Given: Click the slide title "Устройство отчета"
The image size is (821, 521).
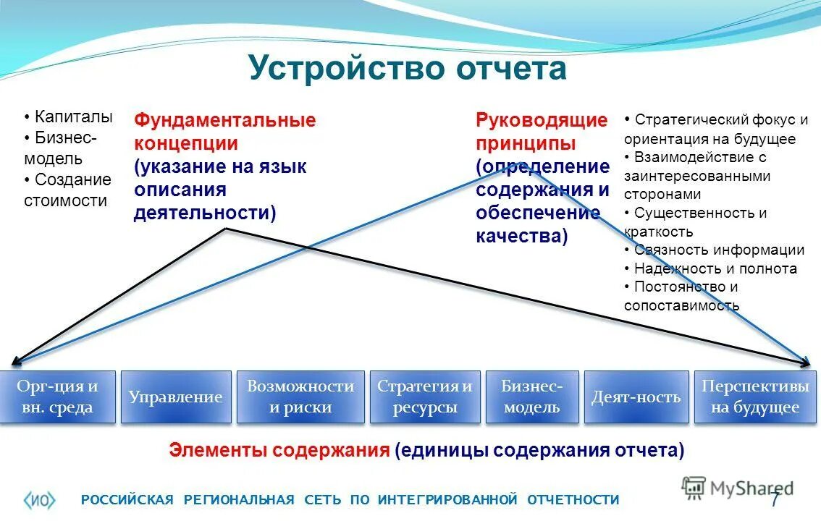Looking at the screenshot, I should coord(407,69).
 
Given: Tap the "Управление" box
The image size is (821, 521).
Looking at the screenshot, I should coord(175,397).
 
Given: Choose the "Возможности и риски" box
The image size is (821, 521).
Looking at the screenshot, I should coord(300,397).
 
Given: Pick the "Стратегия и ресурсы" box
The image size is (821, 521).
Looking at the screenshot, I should coord(425,397).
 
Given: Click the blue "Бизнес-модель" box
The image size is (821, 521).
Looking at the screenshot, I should coord(532,397).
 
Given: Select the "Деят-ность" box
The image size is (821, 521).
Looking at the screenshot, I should coord(636,397).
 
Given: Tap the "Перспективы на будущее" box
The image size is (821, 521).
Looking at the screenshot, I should coord(755,397).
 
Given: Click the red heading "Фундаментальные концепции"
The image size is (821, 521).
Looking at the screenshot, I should coord(224,131).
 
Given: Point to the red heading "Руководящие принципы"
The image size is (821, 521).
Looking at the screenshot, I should coord(541,131).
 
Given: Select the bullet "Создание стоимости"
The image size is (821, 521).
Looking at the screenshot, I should coord(70,190).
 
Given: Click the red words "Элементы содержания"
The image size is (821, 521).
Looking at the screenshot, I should coord(279,450).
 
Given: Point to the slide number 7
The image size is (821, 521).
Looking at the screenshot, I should coord(775,499).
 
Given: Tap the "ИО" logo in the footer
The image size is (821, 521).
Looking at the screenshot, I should coord(40,499).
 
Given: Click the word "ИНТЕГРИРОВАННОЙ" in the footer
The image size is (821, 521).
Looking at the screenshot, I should coord(447,499).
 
